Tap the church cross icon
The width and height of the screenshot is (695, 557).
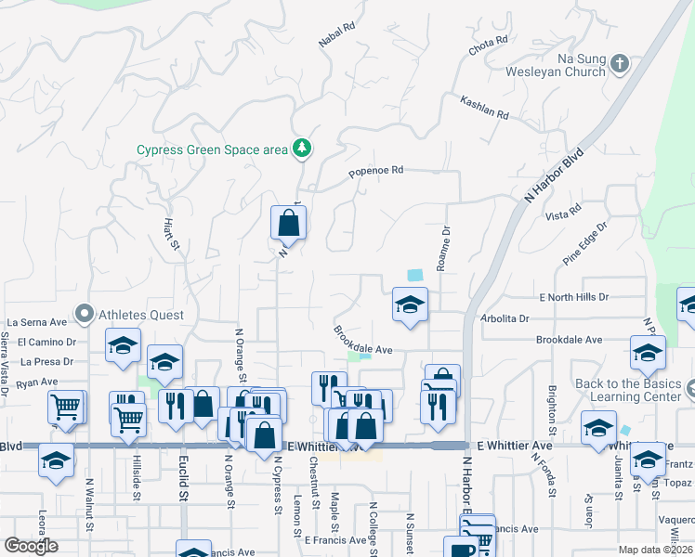(621, 63)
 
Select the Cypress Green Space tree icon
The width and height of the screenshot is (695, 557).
(301, 148)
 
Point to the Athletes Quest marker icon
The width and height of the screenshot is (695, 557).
(84, 315)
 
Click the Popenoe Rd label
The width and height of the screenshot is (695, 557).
(376, 172)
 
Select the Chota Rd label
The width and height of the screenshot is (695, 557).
(488, 44)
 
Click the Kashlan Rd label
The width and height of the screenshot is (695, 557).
(484, 107)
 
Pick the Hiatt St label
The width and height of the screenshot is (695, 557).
(170, 233)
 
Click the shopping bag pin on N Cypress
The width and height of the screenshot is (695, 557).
(288, 223)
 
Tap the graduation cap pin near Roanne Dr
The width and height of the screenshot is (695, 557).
(409, 305)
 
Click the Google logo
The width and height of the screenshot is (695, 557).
(31, 546)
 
